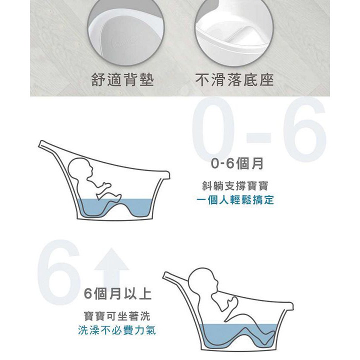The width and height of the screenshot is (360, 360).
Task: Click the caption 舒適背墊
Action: (x=122, y=79)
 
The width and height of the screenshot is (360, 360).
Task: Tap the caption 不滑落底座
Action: (x=234, y=79)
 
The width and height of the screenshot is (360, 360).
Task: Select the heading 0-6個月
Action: (x=237, y=163)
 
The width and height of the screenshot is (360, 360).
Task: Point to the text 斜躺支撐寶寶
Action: (x=235, y=185)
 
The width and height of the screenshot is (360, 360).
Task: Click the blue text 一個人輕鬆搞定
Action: (x=235, y=199)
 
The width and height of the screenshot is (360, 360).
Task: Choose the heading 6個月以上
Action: (x=117, y=293)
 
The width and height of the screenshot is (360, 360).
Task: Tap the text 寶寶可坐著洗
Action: (x=117, y=316)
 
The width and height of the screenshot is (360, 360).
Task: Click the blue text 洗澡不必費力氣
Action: (x=117, y=330)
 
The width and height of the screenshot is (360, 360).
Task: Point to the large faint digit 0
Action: (x=213, y=128)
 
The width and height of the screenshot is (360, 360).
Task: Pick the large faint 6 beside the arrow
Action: (x=59, y=272)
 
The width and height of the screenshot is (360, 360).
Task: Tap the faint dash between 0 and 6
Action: (x=258, y=137)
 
